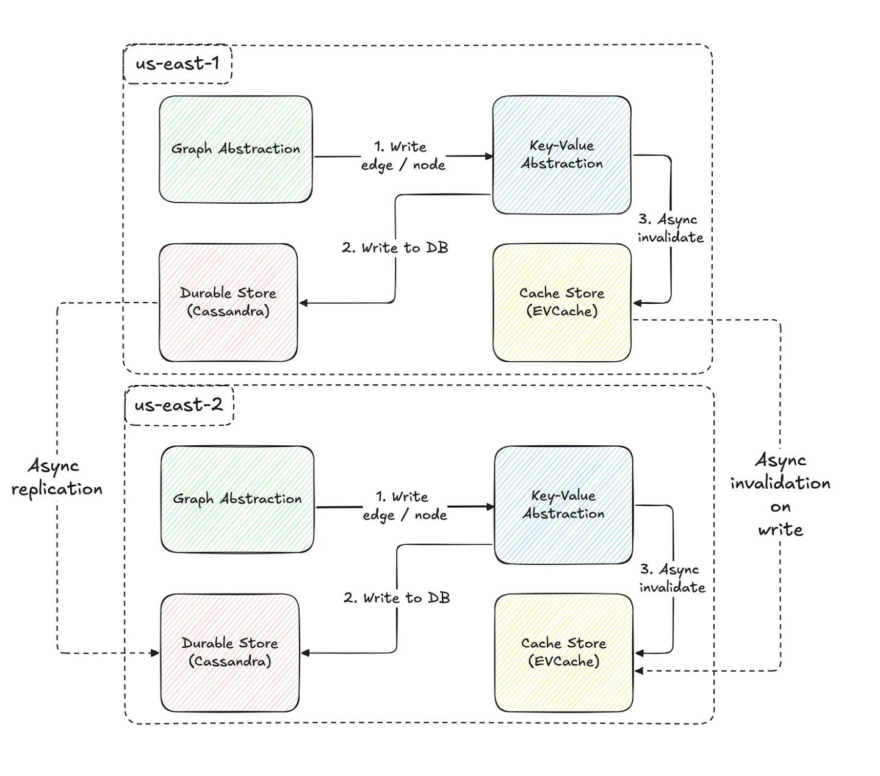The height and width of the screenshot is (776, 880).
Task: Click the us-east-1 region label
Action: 177,63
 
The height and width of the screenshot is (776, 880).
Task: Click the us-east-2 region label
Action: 179,405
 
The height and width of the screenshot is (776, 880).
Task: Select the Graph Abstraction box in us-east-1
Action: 236,149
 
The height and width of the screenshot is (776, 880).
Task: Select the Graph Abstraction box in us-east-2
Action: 237,499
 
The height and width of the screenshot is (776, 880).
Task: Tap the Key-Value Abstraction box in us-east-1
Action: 561,154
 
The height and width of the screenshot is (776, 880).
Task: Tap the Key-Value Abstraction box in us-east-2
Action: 563,505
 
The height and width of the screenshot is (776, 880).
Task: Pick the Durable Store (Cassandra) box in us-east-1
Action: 228,302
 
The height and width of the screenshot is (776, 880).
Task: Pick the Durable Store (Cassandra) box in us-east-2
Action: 230,652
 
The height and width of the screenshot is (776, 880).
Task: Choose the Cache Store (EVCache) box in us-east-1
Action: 561,302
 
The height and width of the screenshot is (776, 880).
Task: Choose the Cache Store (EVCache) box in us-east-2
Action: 563,652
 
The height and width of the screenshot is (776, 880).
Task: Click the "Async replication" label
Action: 57,478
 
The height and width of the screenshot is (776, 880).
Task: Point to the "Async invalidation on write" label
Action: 781,494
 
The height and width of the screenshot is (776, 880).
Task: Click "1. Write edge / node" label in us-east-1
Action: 403,156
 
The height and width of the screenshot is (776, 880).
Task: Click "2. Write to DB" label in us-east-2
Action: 397,598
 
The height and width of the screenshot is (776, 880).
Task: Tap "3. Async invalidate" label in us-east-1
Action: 670,228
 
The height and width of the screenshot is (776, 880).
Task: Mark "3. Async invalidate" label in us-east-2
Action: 672,578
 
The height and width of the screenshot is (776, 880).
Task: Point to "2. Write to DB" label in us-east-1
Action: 395,248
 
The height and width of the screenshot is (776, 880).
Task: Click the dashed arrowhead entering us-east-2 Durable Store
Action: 155,653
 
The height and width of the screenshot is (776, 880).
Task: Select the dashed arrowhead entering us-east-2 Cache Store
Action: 640,671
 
